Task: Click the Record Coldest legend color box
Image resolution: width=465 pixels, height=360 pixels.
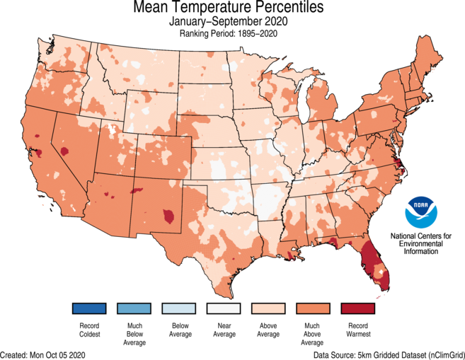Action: point(88,309)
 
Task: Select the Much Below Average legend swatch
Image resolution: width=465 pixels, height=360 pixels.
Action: point(134,309)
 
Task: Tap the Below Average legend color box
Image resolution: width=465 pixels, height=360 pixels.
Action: point(179,309)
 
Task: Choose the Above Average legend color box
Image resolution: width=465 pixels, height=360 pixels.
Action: point(269,309)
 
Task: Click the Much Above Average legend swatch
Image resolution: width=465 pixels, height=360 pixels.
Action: point(314,309)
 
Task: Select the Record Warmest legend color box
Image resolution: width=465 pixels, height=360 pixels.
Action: point(359,309)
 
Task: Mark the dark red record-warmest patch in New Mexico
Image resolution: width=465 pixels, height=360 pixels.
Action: point(168,214)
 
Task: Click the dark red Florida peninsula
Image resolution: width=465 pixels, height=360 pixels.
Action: point(373,265)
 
